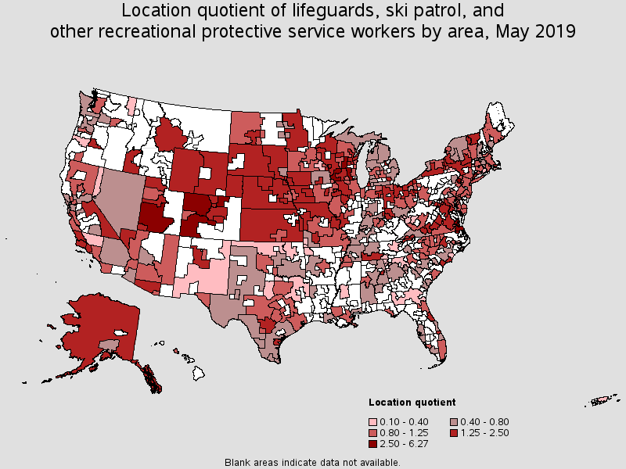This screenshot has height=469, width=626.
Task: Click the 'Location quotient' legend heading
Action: pyautogui.click(x=412, y=403)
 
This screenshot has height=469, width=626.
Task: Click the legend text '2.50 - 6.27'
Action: pyautogui.click(x=407, y=443)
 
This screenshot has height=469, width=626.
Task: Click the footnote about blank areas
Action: pyautogui.click(x=312, y=462)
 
